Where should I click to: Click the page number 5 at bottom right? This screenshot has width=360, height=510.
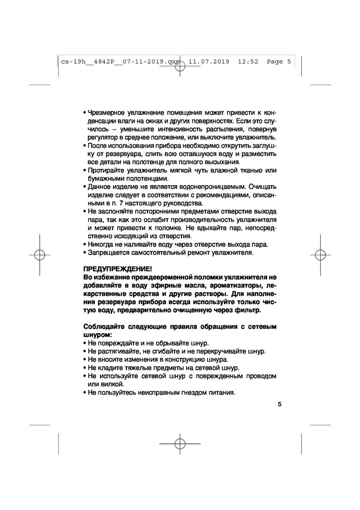279,404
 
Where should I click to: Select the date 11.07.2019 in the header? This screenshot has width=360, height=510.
209,62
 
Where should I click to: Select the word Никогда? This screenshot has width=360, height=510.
104,244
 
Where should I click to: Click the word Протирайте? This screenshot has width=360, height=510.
108,170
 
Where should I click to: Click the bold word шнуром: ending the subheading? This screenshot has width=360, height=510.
96,335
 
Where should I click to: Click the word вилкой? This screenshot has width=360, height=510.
112,384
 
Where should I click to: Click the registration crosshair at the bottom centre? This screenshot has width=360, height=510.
179,443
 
